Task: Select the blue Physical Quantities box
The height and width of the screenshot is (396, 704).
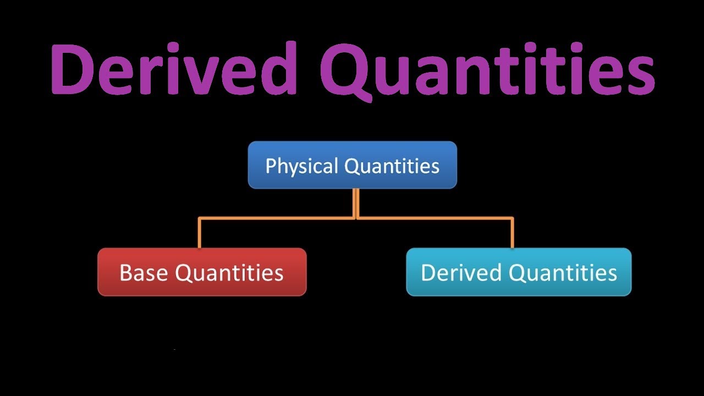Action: (x=352, y=165)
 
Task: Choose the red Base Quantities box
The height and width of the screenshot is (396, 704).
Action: (x=202, y=272)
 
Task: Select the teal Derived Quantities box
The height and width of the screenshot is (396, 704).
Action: (x=519, y=272)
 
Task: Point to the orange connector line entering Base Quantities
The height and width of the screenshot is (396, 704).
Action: (x=200, y=234)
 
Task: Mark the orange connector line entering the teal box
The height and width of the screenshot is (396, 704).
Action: (x=513, y=234)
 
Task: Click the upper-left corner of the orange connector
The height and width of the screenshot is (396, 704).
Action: (x=200, y=218)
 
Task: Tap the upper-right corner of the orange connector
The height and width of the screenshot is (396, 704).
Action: (x=513, y=218)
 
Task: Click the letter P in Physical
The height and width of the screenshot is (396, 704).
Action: (x=270, y=166)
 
